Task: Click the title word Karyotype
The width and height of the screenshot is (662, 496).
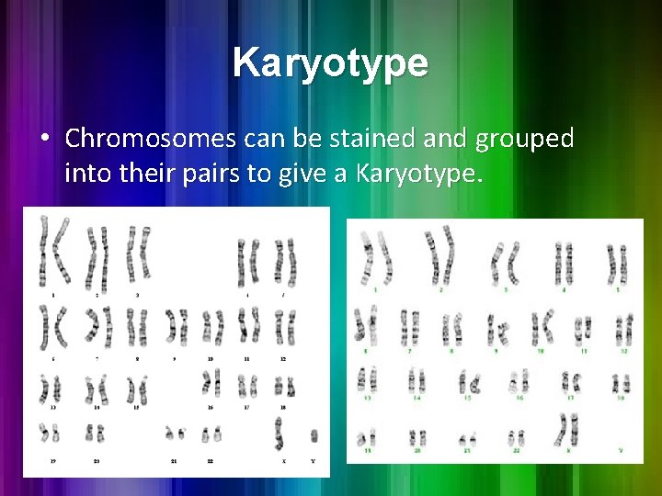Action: point(330,63)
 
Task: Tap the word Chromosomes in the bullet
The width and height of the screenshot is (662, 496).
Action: point(153,139)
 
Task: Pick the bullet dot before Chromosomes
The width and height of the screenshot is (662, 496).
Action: point(44,140)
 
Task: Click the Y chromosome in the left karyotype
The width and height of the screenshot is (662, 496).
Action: point(314,435)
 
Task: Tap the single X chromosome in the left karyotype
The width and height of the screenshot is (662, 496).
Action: point(279,431)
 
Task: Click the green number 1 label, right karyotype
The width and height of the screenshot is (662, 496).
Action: point(376,289)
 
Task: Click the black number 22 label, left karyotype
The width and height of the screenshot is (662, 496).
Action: point(210,460)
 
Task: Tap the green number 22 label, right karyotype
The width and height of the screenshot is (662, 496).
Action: point(516,452)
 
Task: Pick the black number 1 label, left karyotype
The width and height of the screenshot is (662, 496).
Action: point(53,295)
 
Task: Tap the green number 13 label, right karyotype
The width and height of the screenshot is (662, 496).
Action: point(368,399)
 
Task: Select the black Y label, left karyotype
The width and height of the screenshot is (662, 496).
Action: point(314,460)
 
